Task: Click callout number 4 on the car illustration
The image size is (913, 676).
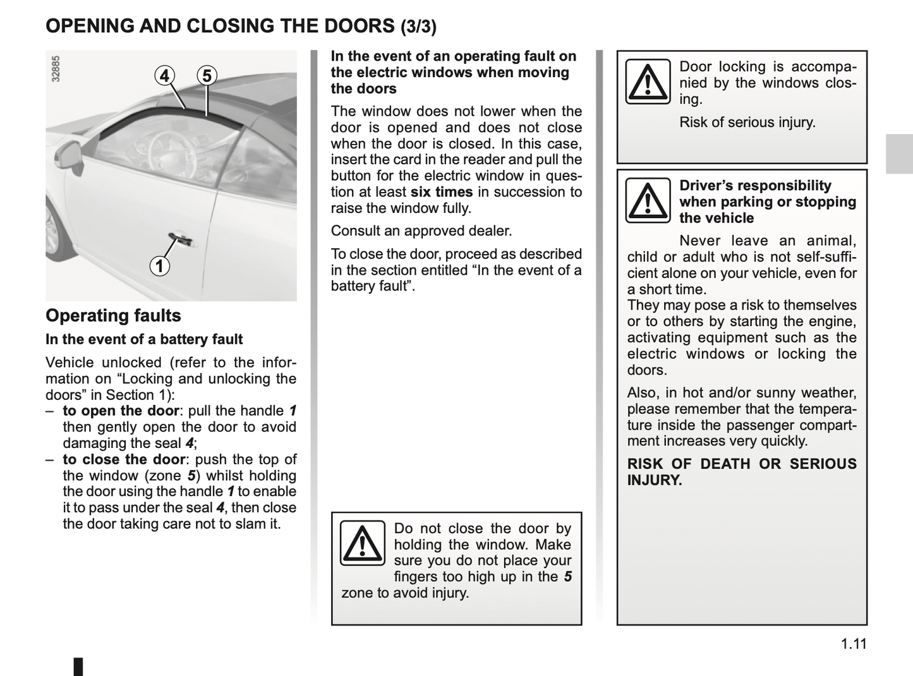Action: (x=164, y=76)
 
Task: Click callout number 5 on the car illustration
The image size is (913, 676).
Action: (x=207, y=76)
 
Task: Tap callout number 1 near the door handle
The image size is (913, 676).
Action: (x=160, y=266)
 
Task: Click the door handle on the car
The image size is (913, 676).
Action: (x=182, y=241)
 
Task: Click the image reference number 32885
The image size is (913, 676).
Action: (x=56, y=69)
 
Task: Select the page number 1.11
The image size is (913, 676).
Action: (x=854, y=644)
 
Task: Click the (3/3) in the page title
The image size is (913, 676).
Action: (x=418, y=27)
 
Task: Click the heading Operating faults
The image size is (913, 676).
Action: (x=113, y=315)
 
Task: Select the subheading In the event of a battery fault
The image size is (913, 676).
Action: (x=144, y=339)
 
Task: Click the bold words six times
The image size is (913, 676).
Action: (x=442, y=192)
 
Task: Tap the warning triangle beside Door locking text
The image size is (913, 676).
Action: (x=648, y=81)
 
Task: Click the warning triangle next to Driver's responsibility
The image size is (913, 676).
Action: (x=648, y=200)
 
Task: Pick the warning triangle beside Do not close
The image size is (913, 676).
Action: (x=362, y=543)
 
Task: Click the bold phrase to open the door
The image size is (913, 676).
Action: (x=121, y=411)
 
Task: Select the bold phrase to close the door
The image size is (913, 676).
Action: (x=124, y=459)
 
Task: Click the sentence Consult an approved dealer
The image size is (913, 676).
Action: (x=421, y=231)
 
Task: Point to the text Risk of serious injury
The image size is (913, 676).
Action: (x=747, y=122)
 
